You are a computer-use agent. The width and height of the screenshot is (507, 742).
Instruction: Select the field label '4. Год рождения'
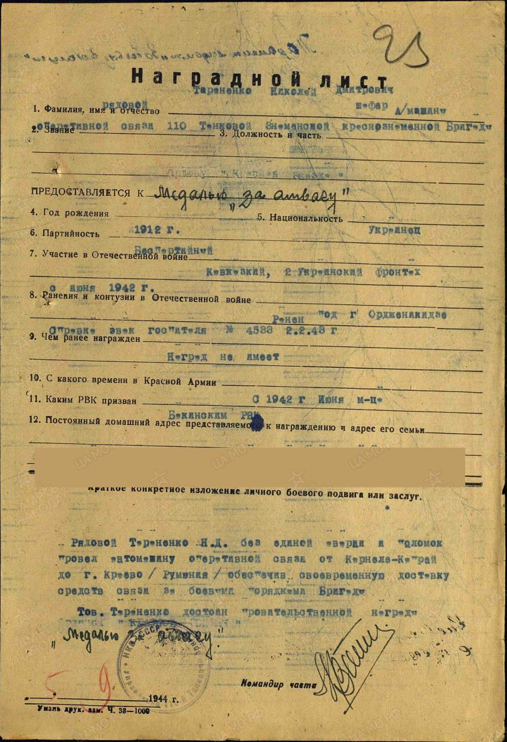coord(70,214)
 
